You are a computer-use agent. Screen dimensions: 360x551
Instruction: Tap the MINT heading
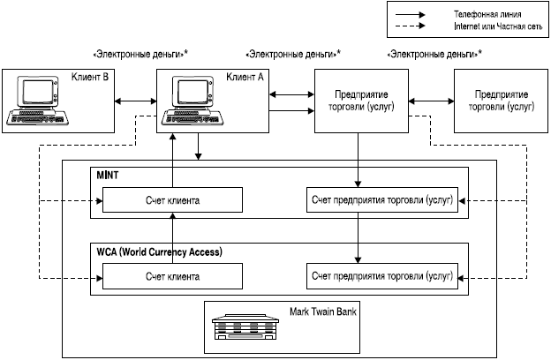pyautogui.click(x=108, y=176)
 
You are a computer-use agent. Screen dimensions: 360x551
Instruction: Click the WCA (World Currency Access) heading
pyautogui.click(x=158, y=251)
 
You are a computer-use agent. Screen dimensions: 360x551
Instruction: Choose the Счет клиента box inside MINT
pyautogui.click(x=172, y=201)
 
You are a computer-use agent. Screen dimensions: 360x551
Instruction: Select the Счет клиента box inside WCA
pyautogui.click(x=172, y=276)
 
